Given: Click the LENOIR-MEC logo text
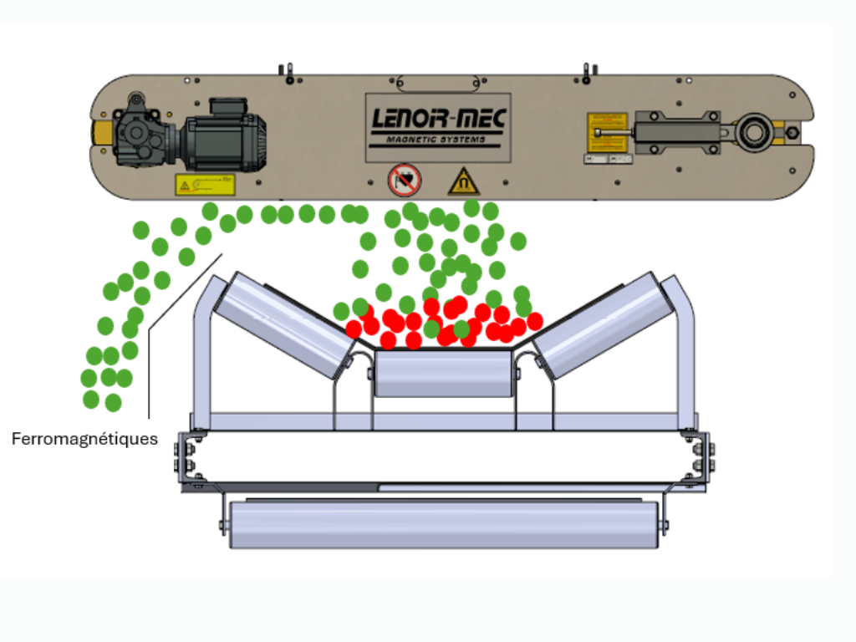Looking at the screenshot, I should (x=438, y=121).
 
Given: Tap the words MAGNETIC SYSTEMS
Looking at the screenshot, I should (x=438, y=140).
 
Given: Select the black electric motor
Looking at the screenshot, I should (x=224, y=135).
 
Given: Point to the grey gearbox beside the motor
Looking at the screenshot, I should (x=140, y=134).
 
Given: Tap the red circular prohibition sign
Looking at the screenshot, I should (x=405, y=180).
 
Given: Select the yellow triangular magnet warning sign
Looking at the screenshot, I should (x=463, y=181).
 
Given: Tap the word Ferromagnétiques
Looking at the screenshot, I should (x=84, y=439).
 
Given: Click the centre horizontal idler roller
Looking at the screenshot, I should (x=443, y=373).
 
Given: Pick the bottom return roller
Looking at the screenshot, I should (x=443, y=524).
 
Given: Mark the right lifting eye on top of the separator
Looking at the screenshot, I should (x=588, y=73).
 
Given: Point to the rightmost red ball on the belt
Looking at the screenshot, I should (x=535, y=321).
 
